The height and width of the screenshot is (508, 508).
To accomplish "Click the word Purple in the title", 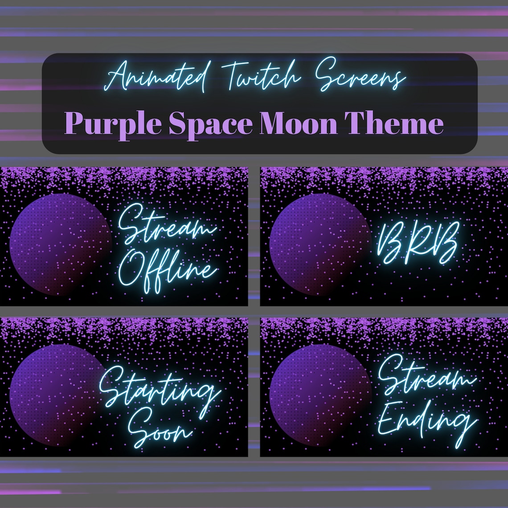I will click(113, 123).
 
